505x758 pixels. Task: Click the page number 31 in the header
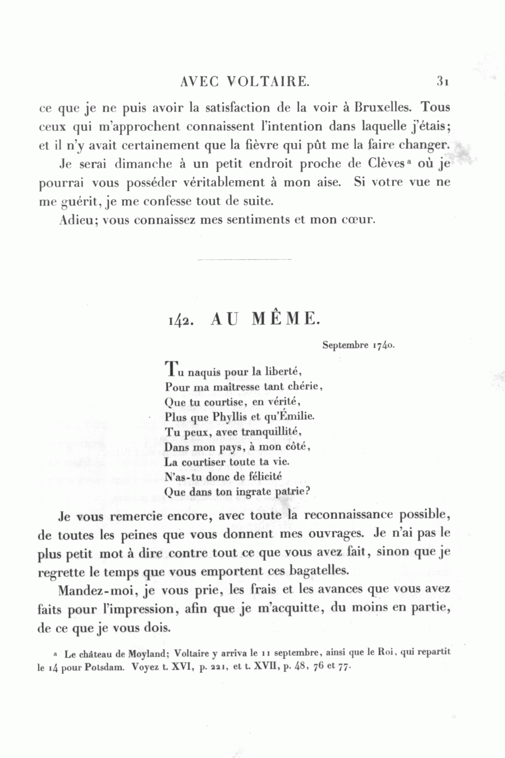[442, 81]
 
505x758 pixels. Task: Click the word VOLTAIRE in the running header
[268, 81]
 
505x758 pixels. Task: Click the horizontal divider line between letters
[245, 259]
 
